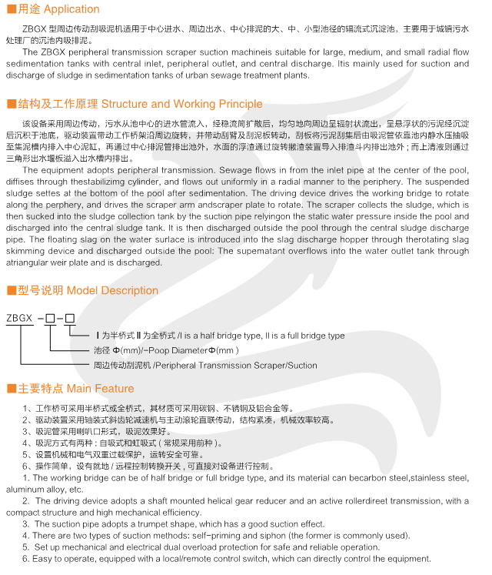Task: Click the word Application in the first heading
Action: (71, 9)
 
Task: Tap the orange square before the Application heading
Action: (10, 9)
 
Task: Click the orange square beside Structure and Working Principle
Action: (10, 104)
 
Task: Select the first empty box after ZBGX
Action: (50, 317)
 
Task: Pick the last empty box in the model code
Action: (69, 317)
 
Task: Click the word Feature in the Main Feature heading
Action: (115, 388)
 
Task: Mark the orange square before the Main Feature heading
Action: (10, 388)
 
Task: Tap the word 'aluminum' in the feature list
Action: (25, 489)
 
